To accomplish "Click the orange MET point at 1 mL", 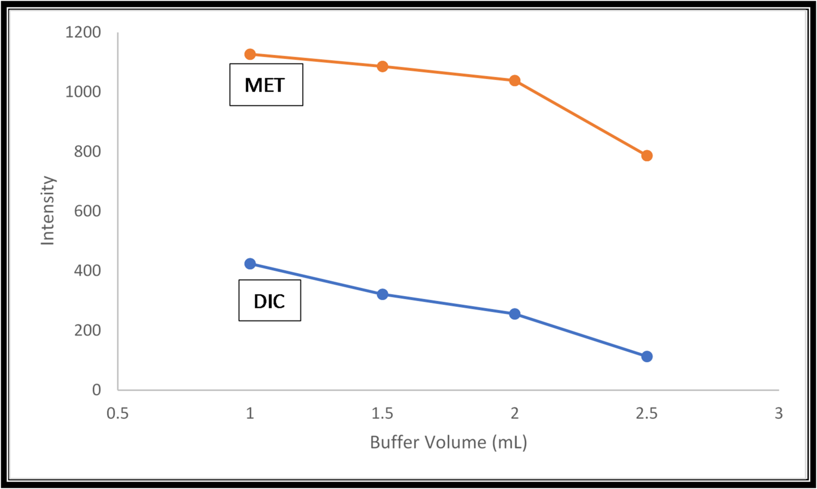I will (250, 55).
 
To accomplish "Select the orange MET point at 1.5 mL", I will (382, 67).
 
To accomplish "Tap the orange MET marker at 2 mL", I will (515, 80).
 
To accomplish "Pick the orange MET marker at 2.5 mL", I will (647, 156).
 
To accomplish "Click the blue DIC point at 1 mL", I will (250, 264).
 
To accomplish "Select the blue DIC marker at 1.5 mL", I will (382, 294).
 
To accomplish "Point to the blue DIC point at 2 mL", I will (515, 314).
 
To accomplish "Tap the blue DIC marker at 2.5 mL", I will (647, 356).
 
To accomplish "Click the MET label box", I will (266, 85).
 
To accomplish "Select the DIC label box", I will (269, 300).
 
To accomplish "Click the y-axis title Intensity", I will (48, 211).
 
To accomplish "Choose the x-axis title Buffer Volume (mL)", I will (448, 442).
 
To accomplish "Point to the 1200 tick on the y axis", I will (83, 33).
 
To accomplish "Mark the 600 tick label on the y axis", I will (87, 211).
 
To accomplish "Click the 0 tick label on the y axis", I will (96, 390).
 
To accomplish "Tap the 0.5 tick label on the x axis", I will (118, 413).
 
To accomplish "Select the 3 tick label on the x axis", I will (778, 413).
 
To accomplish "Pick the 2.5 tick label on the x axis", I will (647, 413).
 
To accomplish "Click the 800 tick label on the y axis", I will (87, 152).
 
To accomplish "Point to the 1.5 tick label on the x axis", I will (382, 413).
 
